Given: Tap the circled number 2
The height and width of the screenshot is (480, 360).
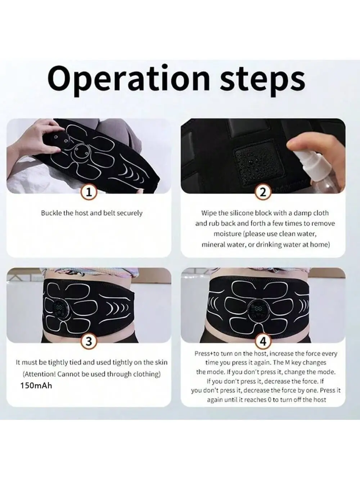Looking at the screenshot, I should pos(263,192).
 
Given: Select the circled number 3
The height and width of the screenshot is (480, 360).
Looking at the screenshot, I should pos(89,341).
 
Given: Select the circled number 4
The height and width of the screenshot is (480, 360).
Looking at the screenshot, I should pos(263,341).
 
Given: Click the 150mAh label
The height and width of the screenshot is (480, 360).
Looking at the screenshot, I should pos(36,386).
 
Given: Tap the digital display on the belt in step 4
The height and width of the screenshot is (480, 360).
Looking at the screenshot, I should pos(259,309).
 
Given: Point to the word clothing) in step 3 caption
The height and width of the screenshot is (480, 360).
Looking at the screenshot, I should pos(146,374).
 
